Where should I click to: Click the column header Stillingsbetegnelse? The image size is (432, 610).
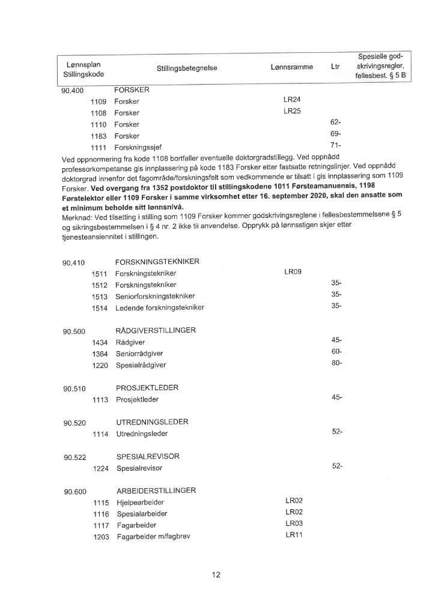[x=186, y=68]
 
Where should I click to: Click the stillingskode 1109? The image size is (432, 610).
[x=98, y=101]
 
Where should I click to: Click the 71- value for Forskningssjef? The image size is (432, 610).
[x=336, y=145]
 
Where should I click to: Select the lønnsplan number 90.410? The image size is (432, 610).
[x=74, y=263]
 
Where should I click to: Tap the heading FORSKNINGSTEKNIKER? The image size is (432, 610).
[x=157, y=262]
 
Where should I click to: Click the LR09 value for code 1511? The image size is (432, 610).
[x=292, y=272]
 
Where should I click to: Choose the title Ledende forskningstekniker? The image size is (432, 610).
[x=160, y=308]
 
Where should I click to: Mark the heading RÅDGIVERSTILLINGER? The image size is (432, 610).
[x=156, y=330]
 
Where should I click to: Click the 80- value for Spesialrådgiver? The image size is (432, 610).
[x=336, y=363]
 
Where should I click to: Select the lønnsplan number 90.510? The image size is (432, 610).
[x=75, y=389]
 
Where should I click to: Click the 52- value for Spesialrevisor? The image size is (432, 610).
[x=337, y=467]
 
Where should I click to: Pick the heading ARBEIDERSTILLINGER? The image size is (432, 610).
[x=156, y=491]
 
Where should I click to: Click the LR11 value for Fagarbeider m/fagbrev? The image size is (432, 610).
[x=293, y=535]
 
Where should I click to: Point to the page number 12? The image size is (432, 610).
[x=216, y=575]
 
